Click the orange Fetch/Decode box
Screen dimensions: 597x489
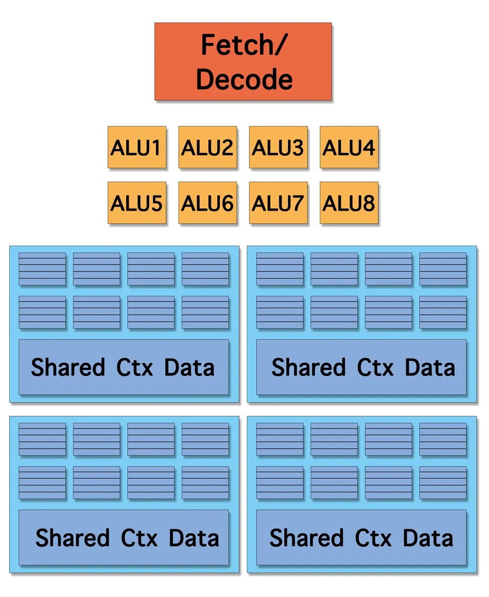[243, 61]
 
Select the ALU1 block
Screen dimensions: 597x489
[137, 147]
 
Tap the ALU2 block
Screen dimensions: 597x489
[207, 147]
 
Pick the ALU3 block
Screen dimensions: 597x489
[278, 147]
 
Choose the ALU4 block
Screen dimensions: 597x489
[349, 147]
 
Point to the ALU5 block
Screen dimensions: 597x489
[137, 203]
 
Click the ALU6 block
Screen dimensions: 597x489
[207, 203]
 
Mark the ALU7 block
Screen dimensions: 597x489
[278, 203]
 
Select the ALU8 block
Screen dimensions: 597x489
[349, 203]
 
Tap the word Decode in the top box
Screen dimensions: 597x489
[244, 79]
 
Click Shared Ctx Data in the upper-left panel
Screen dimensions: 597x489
[123, 367]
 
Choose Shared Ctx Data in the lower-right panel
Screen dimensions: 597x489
[361, 537]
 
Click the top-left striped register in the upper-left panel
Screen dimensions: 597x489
[42, 269]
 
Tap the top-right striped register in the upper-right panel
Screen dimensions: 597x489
[443, 269]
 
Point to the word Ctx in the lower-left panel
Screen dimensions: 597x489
[139, 538]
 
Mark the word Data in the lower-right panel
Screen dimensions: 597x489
[428, 538]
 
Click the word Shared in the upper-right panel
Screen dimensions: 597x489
[308, 367]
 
